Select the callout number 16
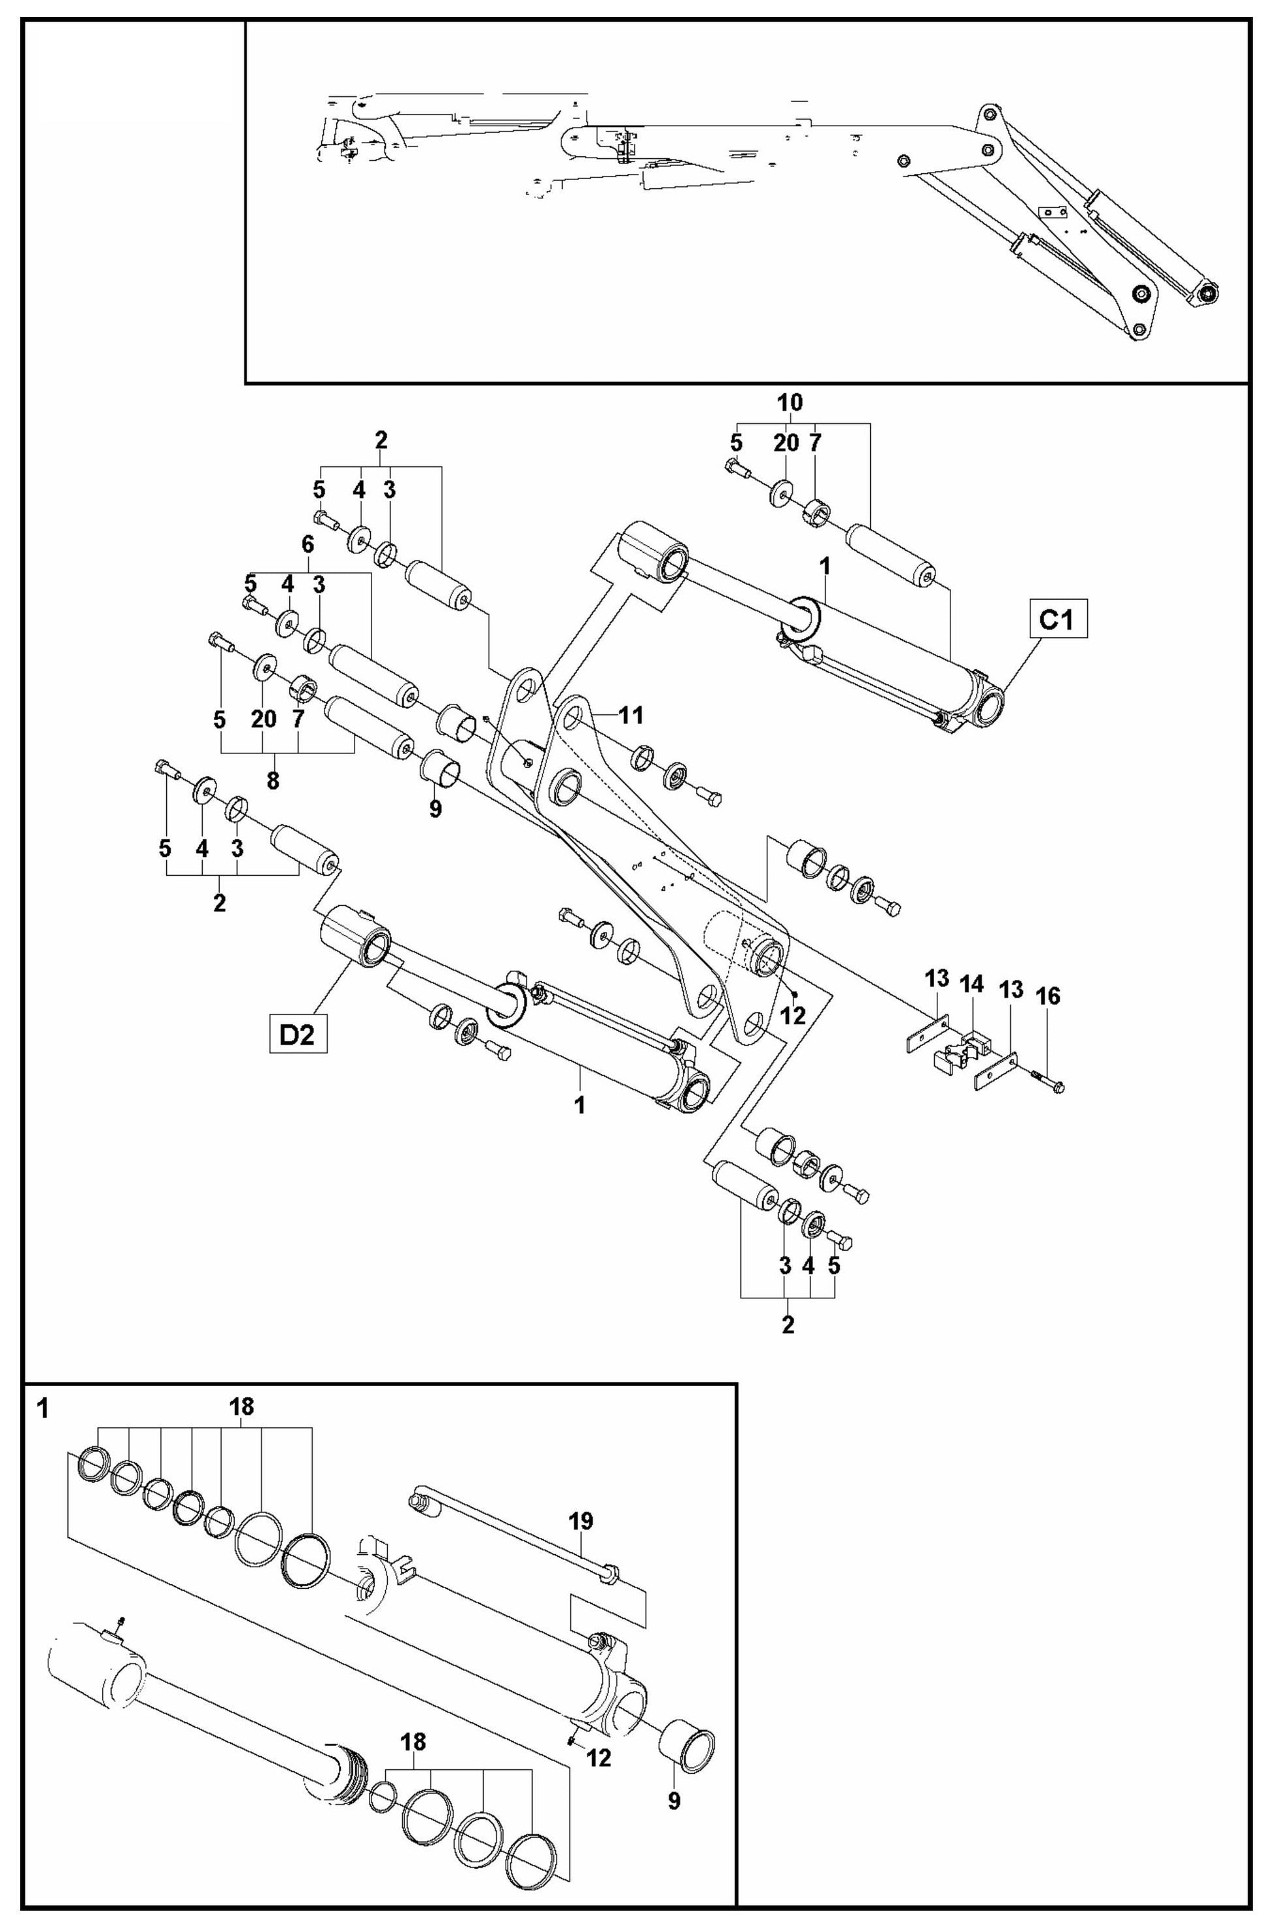pos(1048,996)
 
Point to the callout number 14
pos(972,984)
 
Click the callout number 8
pos(273,781)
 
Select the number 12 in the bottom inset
pos(599,1758)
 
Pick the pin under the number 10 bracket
pos(890,553)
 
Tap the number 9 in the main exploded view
pos(435,808)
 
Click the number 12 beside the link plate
pos(793,1015)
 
